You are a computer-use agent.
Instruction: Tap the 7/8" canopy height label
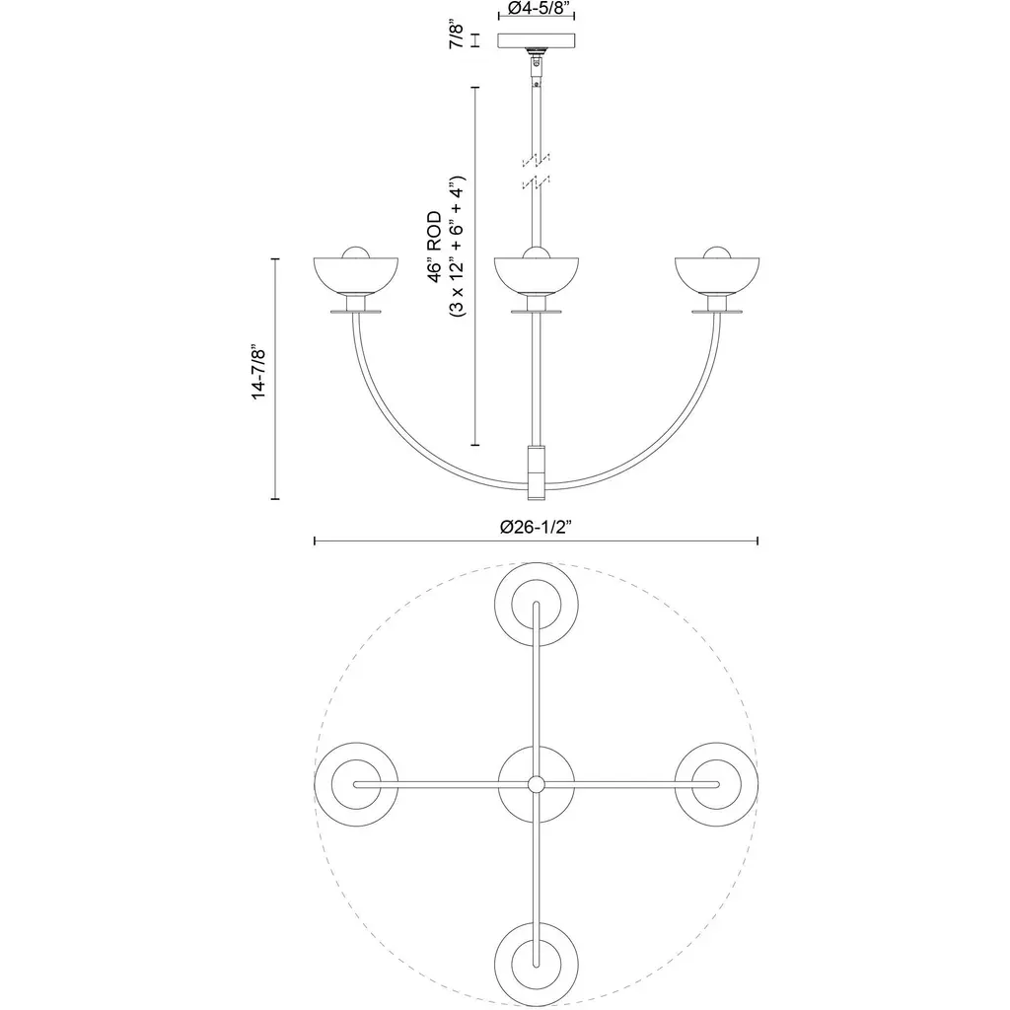457,36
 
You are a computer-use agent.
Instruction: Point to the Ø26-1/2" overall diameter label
536,527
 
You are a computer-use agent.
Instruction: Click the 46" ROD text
436,247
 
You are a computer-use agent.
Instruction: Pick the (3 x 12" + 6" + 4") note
458,247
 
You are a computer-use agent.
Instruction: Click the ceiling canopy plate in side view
537,40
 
